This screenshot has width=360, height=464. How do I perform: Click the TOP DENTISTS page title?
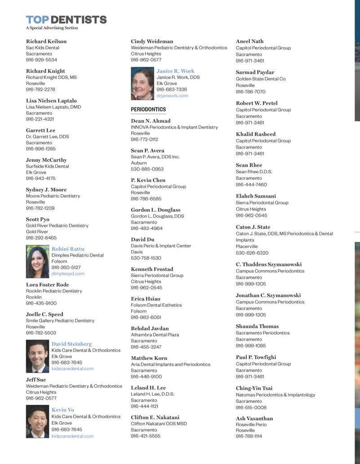click(66, 20)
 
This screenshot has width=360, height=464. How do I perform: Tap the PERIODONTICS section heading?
click(148, 110)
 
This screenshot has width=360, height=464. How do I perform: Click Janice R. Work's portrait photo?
click(142, 84)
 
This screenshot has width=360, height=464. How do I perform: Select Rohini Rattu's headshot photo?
click(37, 261)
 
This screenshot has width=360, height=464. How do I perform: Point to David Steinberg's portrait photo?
click(37, 356)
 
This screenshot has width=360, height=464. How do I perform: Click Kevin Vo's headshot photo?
click(37, 421)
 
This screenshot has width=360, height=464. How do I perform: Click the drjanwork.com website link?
click(172, 96)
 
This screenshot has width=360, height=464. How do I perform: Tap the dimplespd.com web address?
click(68, 274)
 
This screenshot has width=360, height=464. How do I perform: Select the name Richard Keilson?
click(46, 41)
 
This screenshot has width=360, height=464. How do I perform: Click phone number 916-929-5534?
click(41, 60)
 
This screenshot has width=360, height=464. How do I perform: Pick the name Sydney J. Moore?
click(46, 190)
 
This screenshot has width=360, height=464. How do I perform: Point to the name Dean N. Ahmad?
click(151, 121)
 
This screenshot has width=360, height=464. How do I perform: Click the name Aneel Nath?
click(250, 41)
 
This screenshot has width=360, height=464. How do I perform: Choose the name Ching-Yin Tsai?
click(254, 388)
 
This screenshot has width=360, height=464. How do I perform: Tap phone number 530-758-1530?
click(146, 258)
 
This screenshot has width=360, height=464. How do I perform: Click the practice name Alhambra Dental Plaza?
click(155, 335)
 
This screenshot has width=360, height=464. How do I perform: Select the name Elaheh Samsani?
click(256, 196)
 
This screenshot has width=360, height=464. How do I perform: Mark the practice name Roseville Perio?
click(251, 424)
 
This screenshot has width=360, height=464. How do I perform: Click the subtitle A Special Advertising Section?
click(52, 28)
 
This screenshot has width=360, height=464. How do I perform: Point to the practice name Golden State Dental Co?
click(261, 79)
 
